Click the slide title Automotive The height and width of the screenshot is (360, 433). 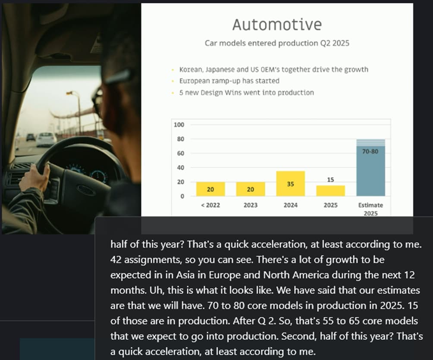click(277, 25)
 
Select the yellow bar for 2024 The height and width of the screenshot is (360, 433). click(291, 184)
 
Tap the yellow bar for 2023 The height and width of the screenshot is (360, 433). click(251, 189)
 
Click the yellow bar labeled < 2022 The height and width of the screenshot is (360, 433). click(210, 189)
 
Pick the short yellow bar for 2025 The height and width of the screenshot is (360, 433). click(330, 191)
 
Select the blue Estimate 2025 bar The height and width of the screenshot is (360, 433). click(370, 168)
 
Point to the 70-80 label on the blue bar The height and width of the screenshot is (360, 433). click(370, 151)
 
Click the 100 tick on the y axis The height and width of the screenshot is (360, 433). click(179, 125)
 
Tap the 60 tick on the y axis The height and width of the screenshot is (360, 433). click(181, 153)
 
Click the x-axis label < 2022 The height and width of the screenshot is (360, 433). click(210, 205)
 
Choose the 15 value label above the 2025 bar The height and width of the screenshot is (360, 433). click(330, 180)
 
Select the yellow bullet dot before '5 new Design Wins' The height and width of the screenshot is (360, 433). click(173, 93)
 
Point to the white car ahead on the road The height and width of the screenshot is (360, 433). click(46, 139)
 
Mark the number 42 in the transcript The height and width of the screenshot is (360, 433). click(116, 260)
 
